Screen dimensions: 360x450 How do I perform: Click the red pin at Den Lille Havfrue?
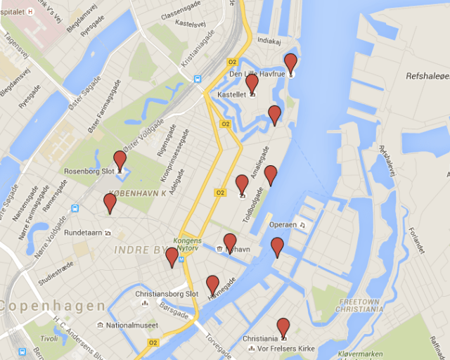click(x=290, y=61)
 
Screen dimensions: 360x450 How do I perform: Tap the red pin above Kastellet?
click(x=252, y=82)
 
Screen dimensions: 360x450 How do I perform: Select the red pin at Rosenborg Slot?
click(x=120, y=160)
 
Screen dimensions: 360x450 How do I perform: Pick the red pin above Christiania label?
click(x=283, y=326)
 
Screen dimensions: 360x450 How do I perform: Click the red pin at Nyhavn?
click(x=230, y=242)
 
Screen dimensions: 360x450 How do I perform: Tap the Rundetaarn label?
click(x=84, y=232)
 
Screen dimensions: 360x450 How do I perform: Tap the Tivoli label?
click(x=49, y=338)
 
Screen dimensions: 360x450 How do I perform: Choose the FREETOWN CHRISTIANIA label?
click(x=359, y=304)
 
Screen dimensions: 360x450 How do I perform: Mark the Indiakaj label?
click(x=269, y=41)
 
